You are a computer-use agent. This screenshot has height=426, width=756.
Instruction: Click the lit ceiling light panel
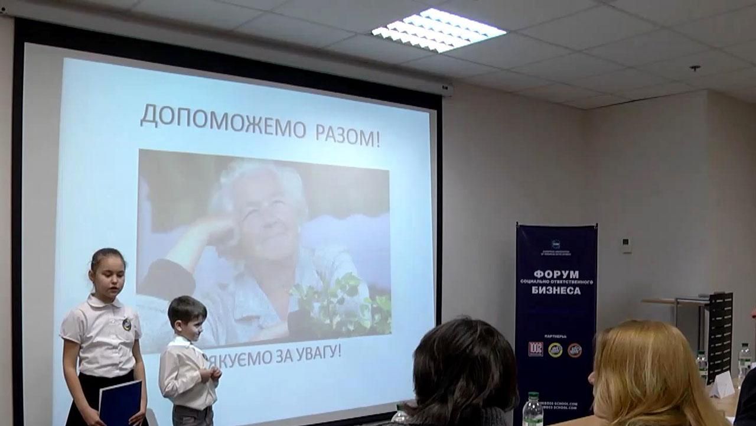(438, 30)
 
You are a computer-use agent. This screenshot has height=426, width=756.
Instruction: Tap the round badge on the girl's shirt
(126, 324)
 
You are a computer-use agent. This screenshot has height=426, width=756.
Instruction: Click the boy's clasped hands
(213, 373)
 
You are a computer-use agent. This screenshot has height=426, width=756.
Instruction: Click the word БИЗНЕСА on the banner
(555, 290)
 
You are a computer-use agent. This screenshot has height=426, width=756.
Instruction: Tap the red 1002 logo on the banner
(535, 349)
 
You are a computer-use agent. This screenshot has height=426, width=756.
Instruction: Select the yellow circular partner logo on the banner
(555, 349)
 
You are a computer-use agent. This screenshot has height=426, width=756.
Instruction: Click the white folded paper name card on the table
(722, 385)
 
